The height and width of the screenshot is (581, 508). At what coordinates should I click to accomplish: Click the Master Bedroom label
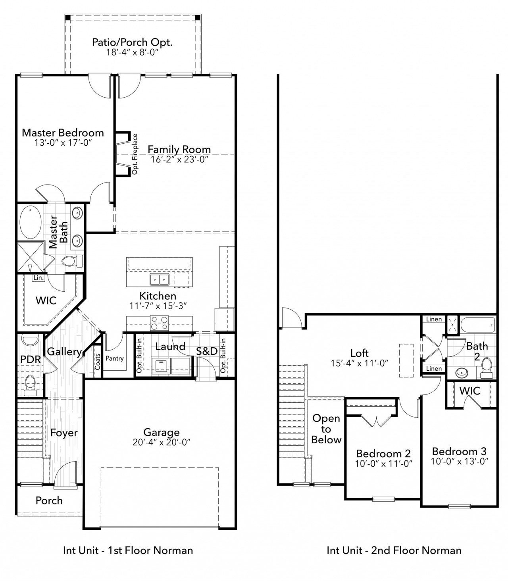pos(63,133)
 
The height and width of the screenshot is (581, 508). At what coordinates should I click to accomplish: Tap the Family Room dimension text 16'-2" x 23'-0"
pos(179,159)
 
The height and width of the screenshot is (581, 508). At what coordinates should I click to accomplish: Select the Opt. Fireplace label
pos(135,154)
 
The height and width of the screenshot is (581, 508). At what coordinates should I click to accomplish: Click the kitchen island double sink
pos(160,279)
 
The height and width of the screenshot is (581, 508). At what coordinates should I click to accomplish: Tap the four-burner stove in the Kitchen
pos(160,323)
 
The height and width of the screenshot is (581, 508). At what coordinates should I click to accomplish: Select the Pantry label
pos(115,358)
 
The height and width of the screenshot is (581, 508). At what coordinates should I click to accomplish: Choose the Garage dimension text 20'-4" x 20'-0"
pos(162,442)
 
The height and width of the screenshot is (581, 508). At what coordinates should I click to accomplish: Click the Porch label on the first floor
pos(49,500)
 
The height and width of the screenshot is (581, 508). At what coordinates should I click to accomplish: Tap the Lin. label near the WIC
pos(38,278)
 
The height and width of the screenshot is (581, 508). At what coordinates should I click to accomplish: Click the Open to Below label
pos(326,429)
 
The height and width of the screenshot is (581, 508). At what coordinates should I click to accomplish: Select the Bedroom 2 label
pos(383,453)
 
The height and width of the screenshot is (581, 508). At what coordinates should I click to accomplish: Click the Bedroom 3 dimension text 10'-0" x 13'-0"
pos(460,461)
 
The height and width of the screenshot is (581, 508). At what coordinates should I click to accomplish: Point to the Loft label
pos(360,353)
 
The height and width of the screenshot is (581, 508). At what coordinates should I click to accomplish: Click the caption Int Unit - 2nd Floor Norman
pos(394,550)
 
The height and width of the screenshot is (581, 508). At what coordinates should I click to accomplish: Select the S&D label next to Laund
pos(207,351)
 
